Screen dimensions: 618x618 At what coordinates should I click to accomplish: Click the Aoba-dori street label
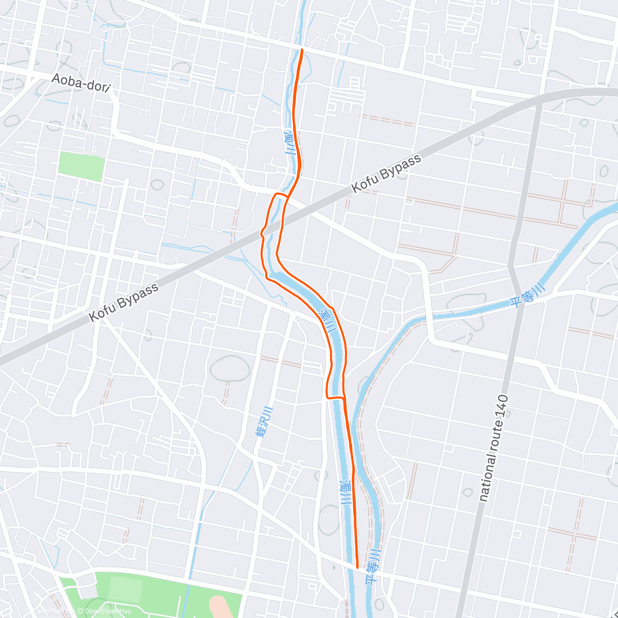(x=81, y=82)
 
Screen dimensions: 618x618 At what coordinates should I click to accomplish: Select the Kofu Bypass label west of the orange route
(x=124, y=302)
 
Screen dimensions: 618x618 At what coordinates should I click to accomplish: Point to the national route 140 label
(x=493, y=448)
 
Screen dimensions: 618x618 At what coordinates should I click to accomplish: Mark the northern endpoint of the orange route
(x=302, y=50)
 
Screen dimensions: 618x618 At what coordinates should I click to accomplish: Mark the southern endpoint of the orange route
(x=357, y=568)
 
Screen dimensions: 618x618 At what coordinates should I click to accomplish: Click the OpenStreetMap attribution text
(x=108, y=611)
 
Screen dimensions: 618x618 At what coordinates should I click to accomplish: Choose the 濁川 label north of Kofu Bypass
(x=290, y=143)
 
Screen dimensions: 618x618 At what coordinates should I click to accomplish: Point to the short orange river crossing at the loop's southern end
(x=335, y=397)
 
